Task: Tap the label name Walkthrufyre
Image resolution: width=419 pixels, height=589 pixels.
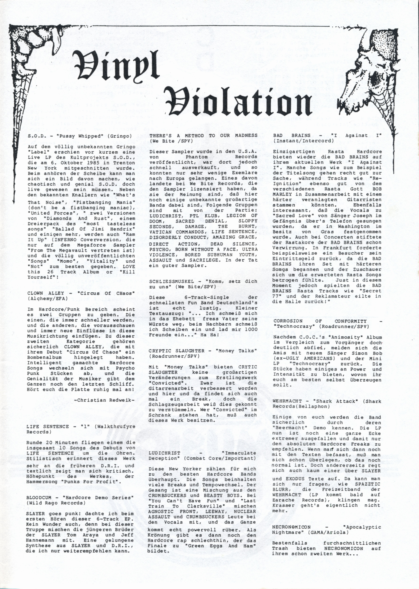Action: point(115,427)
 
